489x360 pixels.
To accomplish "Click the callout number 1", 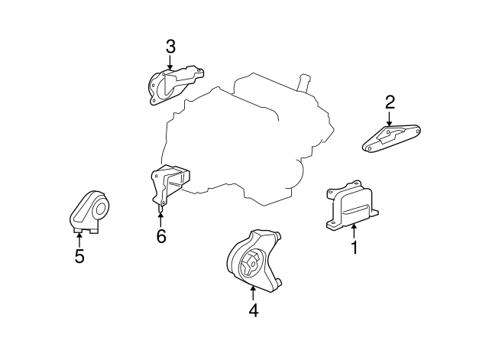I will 355,248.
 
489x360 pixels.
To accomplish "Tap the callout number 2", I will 390,102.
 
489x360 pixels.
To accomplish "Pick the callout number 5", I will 79,256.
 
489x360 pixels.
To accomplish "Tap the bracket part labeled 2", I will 391,138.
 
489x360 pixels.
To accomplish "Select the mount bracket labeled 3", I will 171,84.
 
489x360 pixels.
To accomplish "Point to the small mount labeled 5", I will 89,210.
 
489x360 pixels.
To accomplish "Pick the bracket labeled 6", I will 168,186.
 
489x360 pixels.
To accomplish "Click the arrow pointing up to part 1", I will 354,231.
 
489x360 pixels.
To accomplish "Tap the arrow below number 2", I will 390,118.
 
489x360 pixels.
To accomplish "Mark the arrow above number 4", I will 252,293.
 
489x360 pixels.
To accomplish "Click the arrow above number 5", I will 79,239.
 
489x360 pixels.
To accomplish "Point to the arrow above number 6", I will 160,218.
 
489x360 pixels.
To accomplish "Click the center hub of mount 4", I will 249,266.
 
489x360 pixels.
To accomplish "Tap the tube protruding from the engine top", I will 305,80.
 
